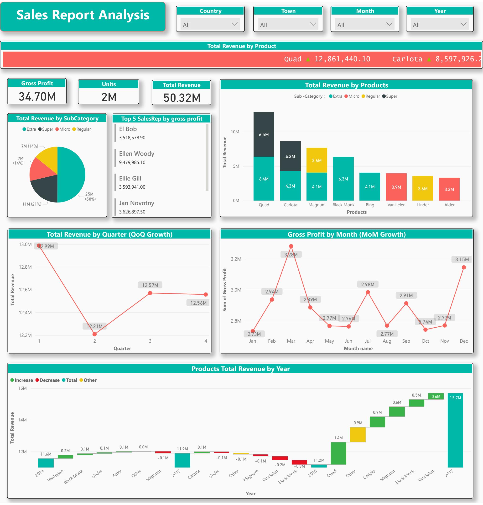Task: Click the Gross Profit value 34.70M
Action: pos(37,97)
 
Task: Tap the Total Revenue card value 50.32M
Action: pos(182,98)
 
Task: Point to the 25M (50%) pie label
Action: pos(90,197)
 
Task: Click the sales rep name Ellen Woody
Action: pos(136,154)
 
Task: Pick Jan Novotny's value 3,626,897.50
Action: pos(132,212)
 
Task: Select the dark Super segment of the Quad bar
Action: pos(264,134)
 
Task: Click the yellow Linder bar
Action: pos(422,188)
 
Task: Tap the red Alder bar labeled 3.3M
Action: pos(449,189)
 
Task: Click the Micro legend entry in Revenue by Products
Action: pos(352,96)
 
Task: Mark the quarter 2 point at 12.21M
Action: pos(94,334)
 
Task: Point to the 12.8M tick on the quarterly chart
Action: pos(25,267)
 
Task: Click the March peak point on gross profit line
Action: pos(291,246)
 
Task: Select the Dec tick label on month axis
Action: pos(463,341)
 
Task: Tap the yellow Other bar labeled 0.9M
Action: pos(358,435)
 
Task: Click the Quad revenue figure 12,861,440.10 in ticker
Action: pos(342,59)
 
